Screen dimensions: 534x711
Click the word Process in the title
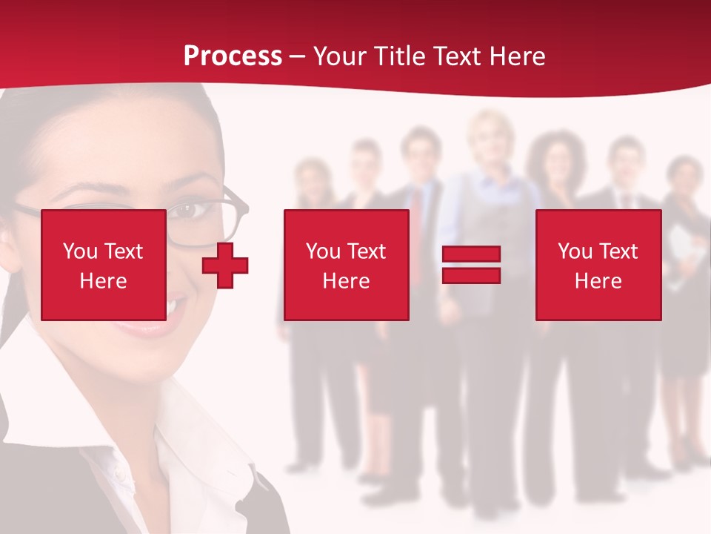[x=233, y=56]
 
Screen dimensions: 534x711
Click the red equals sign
[x=471, y=265]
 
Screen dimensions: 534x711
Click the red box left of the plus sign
[x=103, y=265]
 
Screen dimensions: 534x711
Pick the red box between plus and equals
[x=346, y=265]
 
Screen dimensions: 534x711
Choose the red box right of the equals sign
[x=598, y=265]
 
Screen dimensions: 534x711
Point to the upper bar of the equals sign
[x=471, y=254]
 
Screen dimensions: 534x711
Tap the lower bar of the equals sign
[x=471, y=275]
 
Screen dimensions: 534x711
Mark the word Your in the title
[x=338, y=56]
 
